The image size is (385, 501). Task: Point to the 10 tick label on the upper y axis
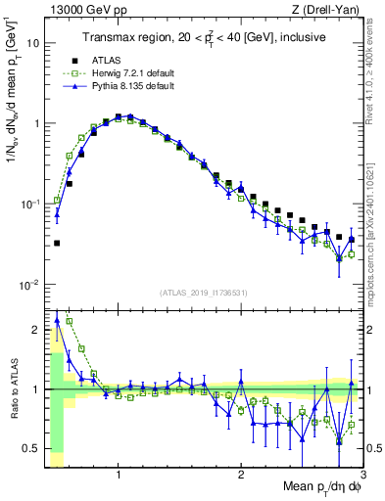tap(31, 44)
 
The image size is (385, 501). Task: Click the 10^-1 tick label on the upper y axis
tap(29, 205)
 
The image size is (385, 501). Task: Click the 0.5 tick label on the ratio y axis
tap(30, 448)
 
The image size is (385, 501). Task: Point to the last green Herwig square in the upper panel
tap(351, 254)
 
